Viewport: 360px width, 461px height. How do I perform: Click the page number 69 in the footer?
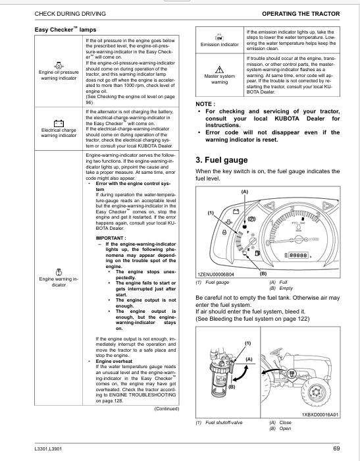click(336, 448)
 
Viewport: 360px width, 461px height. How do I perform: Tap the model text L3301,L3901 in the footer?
click(48, 448)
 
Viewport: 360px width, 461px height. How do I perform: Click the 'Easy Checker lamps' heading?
click(65, 30)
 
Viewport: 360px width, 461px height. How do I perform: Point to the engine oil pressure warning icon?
click(59, 66)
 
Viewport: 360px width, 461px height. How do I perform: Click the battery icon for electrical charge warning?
click(59, 123)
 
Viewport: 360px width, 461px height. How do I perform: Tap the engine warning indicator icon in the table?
click(59, 272)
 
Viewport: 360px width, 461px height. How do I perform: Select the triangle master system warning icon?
click(220, 70)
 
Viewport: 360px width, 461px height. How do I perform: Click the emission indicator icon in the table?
click(220, 38)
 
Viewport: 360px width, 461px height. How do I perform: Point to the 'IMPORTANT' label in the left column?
click(111, 238)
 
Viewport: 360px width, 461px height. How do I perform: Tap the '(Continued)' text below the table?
click(167, 409)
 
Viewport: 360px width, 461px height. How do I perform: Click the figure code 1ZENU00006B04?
click(216, 275)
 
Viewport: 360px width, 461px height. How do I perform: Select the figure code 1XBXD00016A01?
click(320, 414)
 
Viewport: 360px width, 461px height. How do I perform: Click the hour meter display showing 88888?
click(299, 256)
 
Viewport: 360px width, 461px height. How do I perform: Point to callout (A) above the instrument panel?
click(245, 192)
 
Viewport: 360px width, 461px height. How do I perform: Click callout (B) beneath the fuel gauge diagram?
click(263, 273)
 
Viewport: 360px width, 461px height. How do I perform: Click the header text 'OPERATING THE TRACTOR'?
click(301, 14)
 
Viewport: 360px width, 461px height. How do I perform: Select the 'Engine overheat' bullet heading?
click(114, 361)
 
